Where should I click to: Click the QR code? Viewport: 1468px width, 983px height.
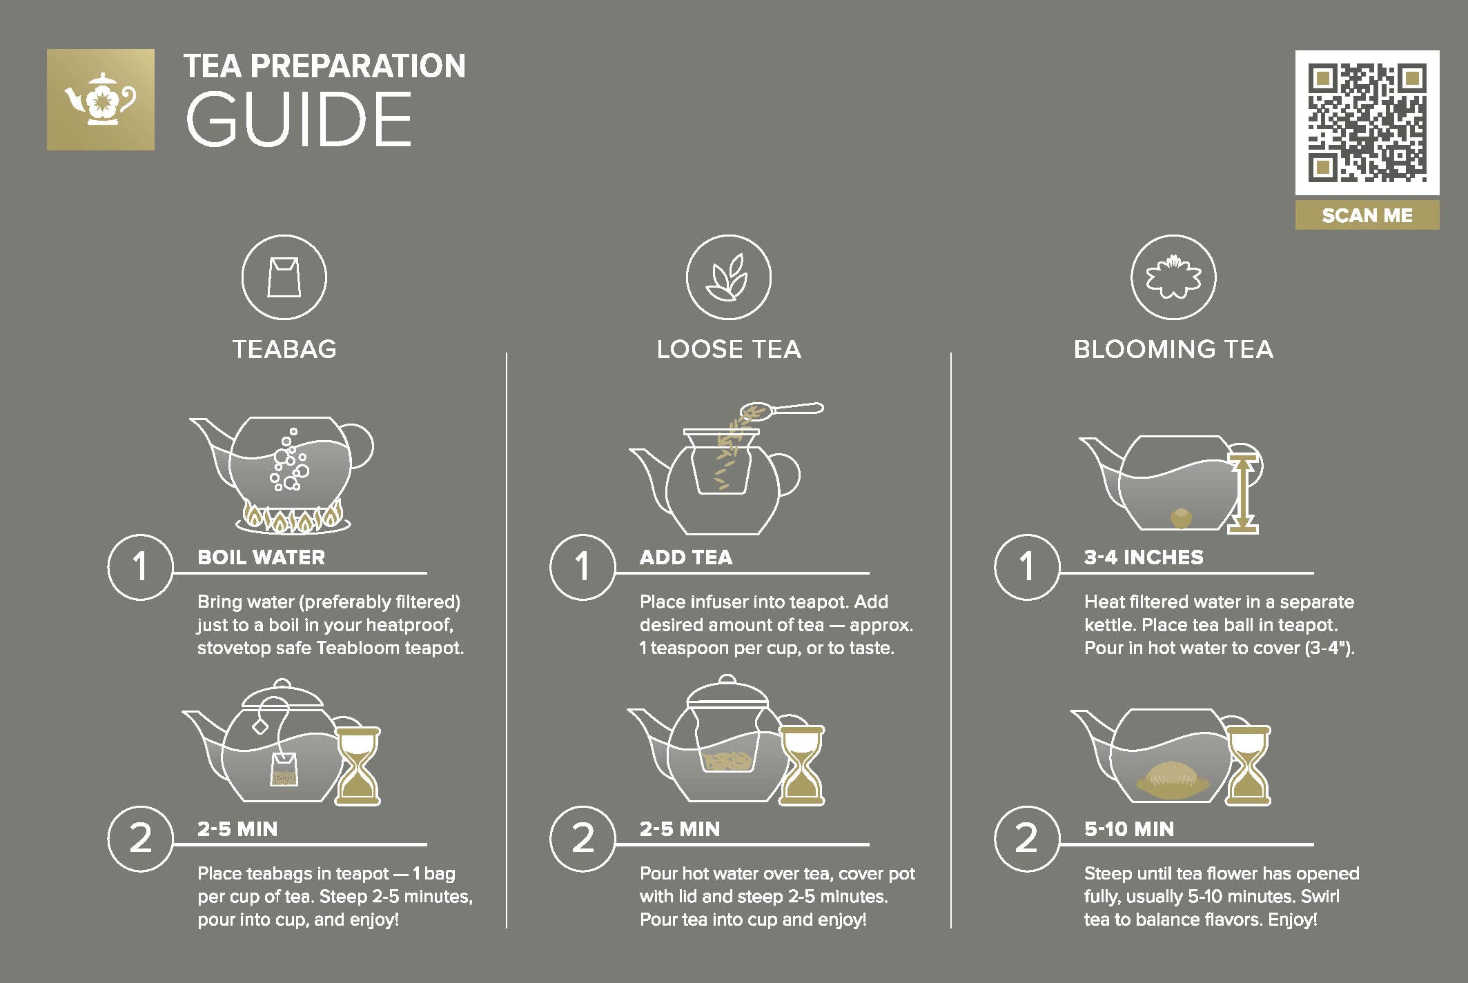1367,122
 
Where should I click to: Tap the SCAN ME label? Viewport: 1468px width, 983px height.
1367,215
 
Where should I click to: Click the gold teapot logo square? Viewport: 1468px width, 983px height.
101,99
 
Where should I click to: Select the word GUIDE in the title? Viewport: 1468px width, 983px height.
299,119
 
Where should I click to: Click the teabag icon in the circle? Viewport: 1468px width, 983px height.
284,277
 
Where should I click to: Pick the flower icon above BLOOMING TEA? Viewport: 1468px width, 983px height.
1173,277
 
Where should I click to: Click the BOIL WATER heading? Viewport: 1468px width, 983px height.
261,557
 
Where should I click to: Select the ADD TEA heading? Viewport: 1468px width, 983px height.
686,557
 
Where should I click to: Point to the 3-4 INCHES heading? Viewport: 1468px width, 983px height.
1144,557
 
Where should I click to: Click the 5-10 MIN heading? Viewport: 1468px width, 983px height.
1129,829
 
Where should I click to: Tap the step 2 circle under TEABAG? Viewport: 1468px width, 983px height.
141,839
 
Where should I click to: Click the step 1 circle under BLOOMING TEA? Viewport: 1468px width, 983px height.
1027,567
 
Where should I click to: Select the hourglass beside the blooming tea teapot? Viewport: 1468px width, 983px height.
1248,766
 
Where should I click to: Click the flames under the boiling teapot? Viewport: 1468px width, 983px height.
293,517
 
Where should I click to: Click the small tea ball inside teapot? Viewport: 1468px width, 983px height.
1181,518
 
